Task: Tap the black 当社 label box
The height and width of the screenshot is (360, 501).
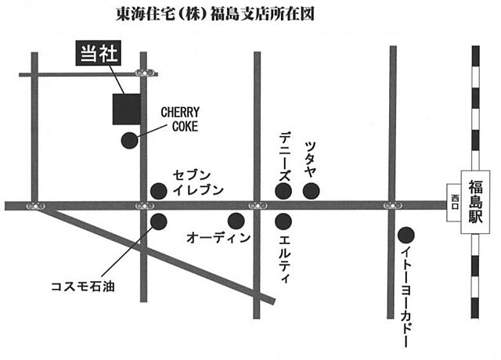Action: (x=98, y=54)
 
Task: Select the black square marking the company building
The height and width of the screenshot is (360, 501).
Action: (x=126, y=109)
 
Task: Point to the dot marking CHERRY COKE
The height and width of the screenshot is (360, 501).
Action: (x=128, y=141)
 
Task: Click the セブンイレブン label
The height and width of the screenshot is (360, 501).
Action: (x=198, y=182)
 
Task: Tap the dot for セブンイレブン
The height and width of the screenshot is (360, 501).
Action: (x=158, y=190)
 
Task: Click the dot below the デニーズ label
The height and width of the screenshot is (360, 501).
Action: (x=283, y=190)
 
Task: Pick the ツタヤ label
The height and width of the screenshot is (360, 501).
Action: (x=312, y=158)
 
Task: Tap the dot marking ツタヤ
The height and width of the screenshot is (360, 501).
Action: (x=312, y=190)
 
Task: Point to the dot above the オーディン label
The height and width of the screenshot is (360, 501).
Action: (x=235, y=221)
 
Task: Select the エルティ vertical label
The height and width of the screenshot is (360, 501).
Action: (x=284, y=254)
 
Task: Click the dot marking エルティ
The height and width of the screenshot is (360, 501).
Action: (x=283, y=221)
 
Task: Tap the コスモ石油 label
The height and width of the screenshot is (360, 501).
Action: (x=82, y=287)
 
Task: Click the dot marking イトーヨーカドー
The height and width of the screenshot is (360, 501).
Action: (x=405, y=234)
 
